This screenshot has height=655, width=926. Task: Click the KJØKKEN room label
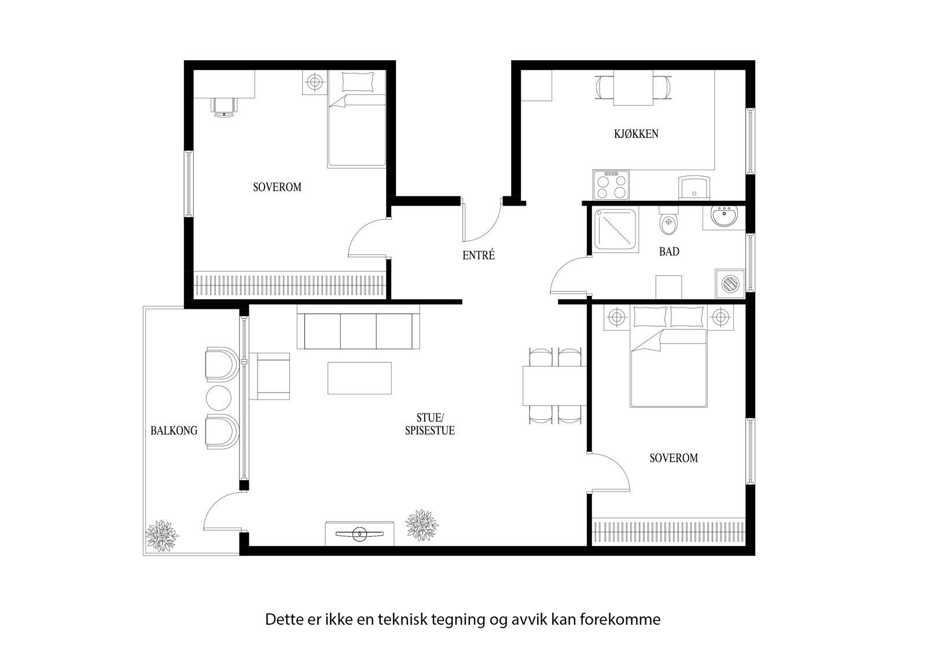pyautogui.click(x=636, y=134)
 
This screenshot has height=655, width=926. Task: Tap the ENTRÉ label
pyautogui.click(x=479, y=255)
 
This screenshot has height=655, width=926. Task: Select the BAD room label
pyautogui.click(x=669, y=251)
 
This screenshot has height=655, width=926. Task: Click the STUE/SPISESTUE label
pyautogui.click(x=429, y=424)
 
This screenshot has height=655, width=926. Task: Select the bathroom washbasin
pyautogui.click(x=724, y=217)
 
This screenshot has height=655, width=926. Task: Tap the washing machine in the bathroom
pyautogui.click(x=730, y=284)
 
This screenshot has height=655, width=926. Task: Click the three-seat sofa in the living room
pyautogui.click(x=358, y=331)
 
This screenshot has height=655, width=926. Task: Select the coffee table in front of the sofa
pyautogui.click(x=359, y=378)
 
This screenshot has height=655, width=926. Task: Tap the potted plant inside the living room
pyautogui.click(x=421, y=524)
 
